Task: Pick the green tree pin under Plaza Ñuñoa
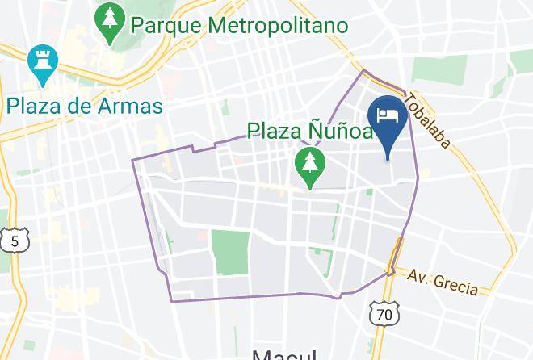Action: coord(309,165)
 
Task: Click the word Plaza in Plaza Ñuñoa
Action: coord(275,130)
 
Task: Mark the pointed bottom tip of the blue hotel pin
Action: coord(388,159)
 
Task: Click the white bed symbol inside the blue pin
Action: coord(388,114)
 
